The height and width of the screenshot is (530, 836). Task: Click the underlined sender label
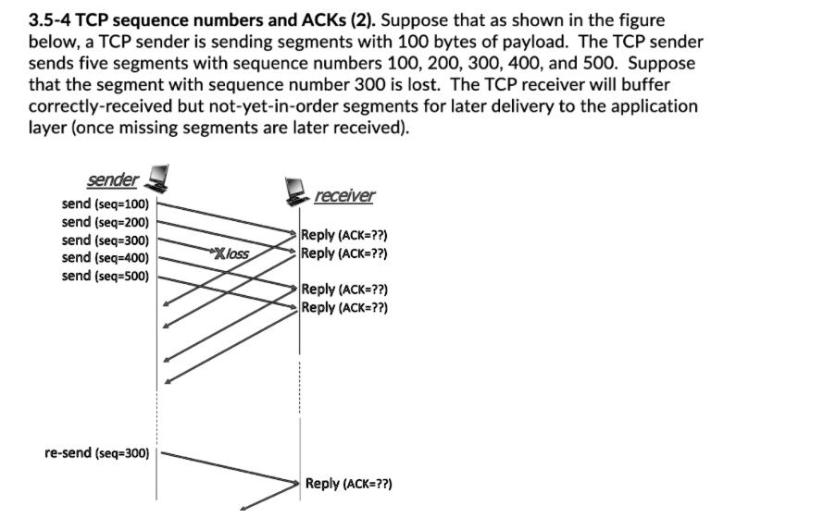click(112, 179)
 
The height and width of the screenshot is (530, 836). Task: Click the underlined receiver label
click(344, 195)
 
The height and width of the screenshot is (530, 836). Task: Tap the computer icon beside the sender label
click(158, 176)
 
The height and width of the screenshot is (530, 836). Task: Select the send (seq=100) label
click(105, 203)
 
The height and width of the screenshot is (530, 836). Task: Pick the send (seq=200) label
click(105, 222)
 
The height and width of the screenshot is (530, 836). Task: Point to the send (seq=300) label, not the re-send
click(105, 240)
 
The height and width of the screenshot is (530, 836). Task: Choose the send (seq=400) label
click(105, 258)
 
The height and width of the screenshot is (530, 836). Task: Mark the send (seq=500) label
click(105, 276)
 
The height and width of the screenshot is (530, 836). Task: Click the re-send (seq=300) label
click(96, 454)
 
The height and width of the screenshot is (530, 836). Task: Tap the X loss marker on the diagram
click(231, 253)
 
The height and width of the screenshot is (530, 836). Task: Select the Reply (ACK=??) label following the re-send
click(348, 483)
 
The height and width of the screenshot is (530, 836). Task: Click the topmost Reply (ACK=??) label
click(343, 235)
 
